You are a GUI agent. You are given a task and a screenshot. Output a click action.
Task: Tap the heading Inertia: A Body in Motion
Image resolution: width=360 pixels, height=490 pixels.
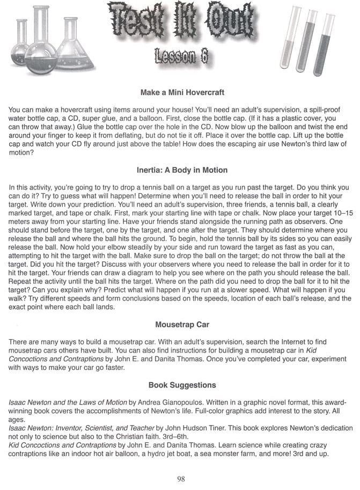pos(182,170)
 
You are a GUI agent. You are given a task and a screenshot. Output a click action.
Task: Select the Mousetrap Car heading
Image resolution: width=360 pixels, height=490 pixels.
pos(182,325)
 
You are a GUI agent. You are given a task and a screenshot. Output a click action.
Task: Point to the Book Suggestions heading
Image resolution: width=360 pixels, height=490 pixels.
pos(182,385)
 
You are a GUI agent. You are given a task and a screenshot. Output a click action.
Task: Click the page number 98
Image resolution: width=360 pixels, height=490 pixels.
pos(181,479)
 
